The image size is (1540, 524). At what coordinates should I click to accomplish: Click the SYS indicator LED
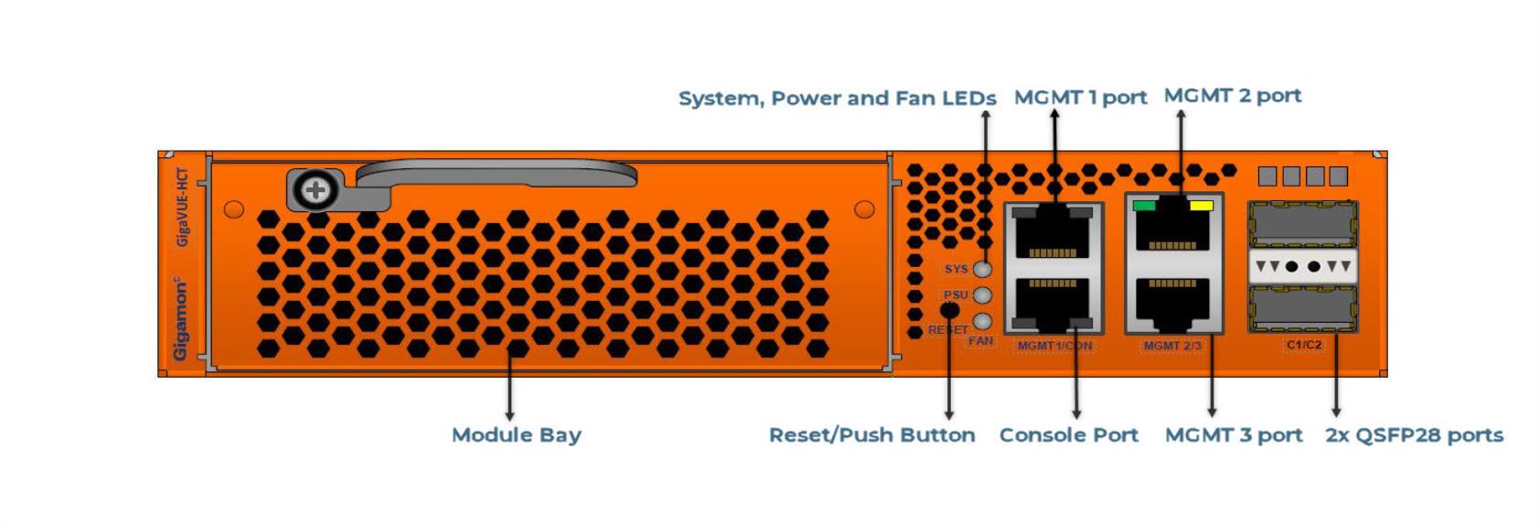click(x=984, y=269)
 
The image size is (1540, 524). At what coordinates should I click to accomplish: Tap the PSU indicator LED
click(x=984, y=295)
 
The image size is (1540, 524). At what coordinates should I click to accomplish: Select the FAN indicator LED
click(x=984, y=321)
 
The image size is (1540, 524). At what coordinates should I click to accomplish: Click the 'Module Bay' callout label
click(x=517, y=435)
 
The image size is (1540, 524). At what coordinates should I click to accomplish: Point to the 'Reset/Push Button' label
click(x=872, y=435)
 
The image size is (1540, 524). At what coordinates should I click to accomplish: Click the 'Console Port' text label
click(x=1068, y=435)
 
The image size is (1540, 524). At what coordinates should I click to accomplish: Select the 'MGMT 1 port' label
click(x=1081, y=98)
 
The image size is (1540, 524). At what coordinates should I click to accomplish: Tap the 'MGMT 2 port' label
click(x=1233, y=96)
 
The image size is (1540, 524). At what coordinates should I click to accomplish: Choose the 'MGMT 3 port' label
click(x=1234, y=435)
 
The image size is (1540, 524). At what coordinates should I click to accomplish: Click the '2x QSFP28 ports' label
click(x=1414, y=435)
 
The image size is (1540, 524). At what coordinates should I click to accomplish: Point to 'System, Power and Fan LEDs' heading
click(x=838, y=99)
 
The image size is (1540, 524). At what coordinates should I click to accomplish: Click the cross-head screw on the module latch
click(x=316, y=190)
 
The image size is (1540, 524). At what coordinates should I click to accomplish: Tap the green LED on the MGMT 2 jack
click(x=1144, y=205)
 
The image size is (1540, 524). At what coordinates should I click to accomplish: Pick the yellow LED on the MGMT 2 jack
click(x=1201, y=205)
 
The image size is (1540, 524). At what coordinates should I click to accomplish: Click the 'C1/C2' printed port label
click(x=1304, y=345)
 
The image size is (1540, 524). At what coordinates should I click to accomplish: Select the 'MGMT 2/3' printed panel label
click(x=1172, y=345)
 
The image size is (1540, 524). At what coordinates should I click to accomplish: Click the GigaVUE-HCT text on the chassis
click(x=182, y=207)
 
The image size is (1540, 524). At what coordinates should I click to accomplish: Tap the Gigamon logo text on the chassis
click(x=180, y=317)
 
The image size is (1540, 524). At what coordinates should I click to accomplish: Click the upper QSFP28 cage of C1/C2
click(x=1303, y=224)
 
